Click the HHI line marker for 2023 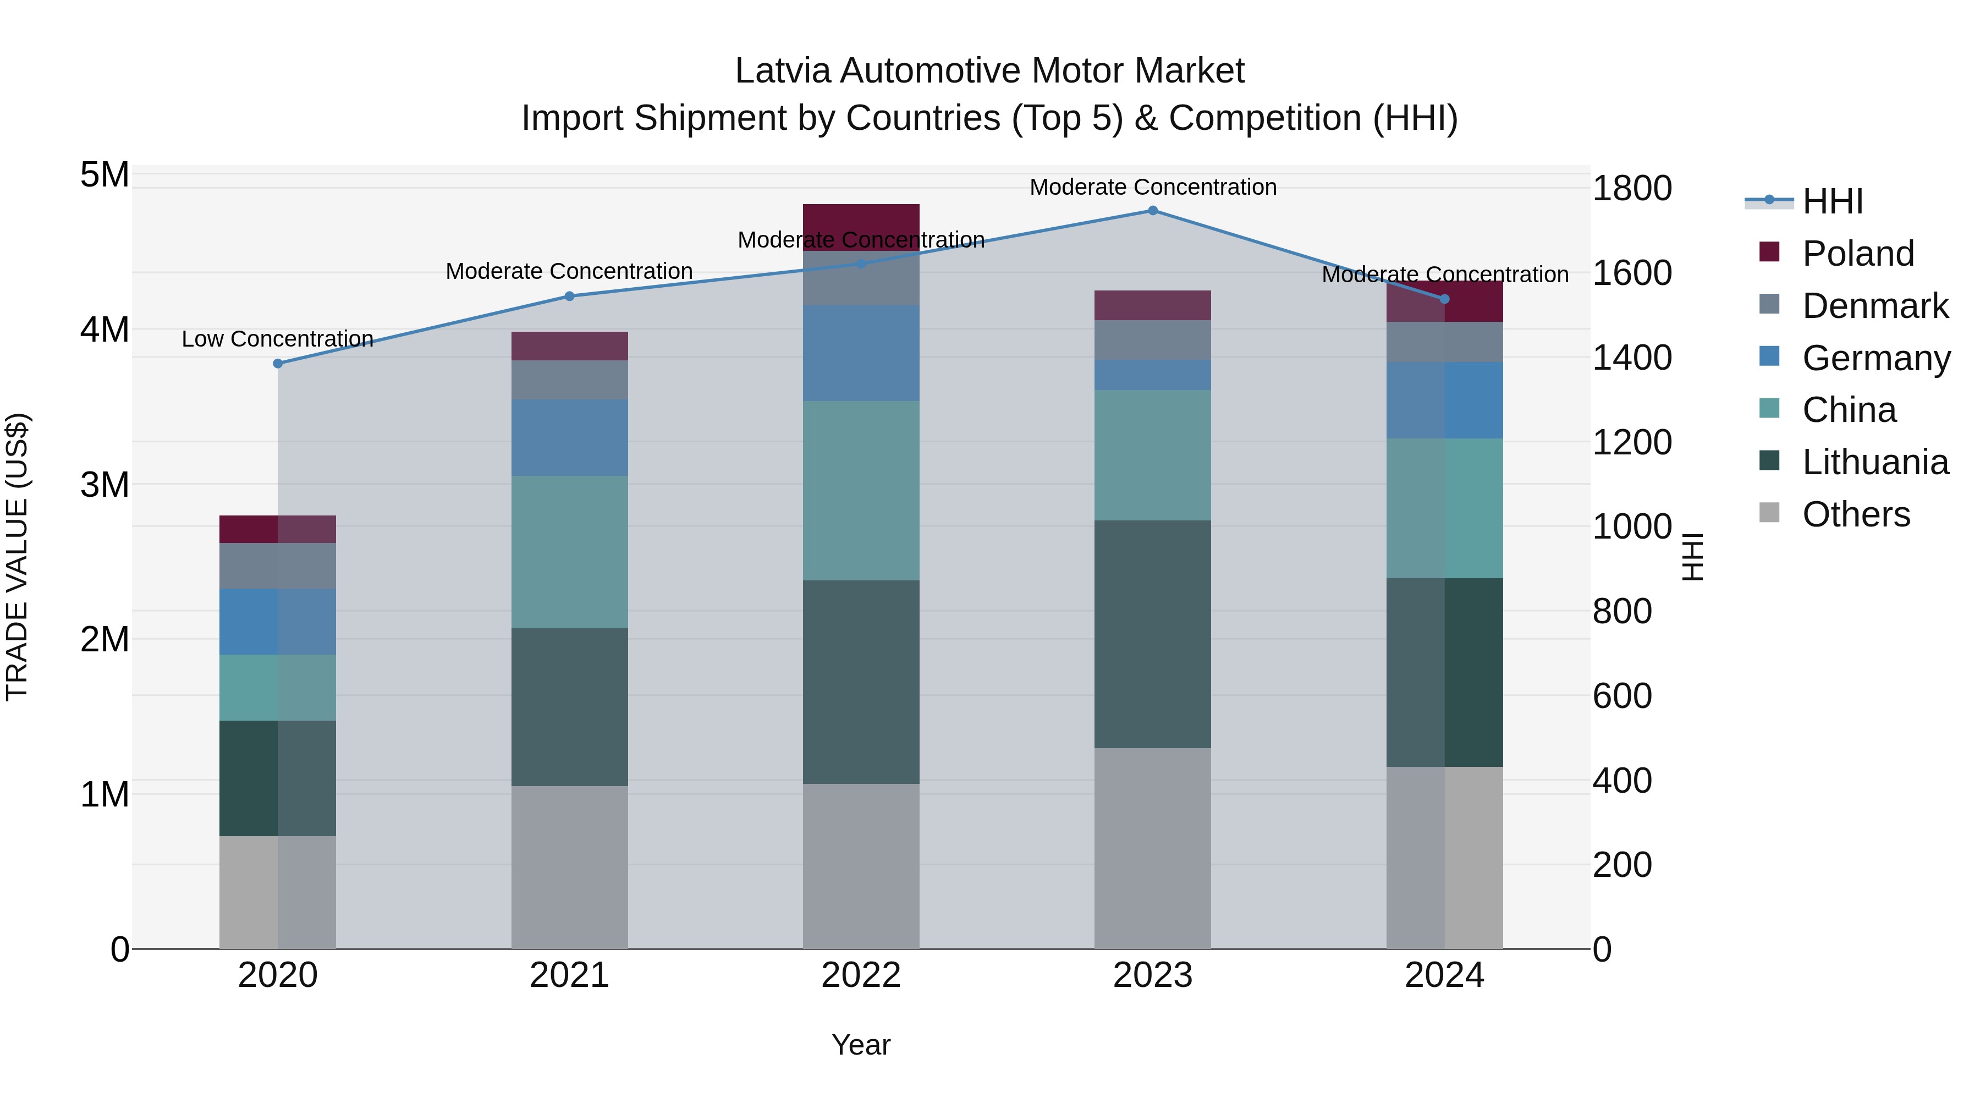tap(1152, 211)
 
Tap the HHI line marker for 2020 tap(278, 364)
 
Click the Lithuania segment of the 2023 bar tap(1152, 634)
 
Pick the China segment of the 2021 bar tap(570, 552)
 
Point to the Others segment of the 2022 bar tap(861, 866)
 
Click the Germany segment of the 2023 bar tap(1152, 375)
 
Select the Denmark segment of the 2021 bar tap(570, 380)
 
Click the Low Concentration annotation tap(278, 339)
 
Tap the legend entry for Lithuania tap(1875, 463)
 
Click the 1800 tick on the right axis tap(1632, 188)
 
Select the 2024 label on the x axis tap(1444, 975)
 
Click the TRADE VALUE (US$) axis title tap(17, 557)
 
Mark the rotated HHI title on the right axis tap(1692, 557)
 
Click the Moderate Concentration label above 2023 tap(1153, 187)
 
